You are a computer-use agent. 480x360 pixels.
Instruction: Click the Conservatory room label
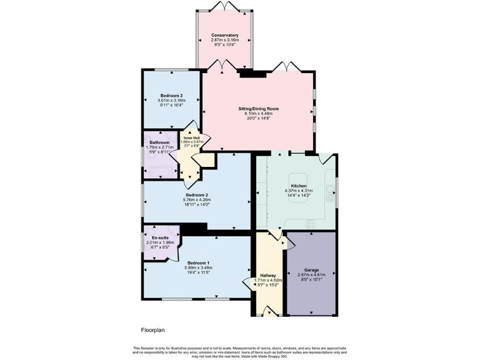(x=225, y=35)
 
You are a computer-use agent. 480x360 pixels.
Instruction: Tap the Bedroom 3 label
(x=171, y=95)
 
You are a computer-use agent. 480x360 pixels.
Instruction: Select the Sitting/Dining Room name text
(x=258, y=108)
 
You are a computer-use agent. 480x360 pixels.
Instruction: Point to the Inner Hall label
(x=192, y=137)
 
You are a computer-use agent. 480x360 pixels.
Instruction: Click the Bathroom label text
(x=159, y=142)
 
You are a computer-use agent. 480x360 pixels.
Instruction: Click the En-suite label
(x=157, y=237)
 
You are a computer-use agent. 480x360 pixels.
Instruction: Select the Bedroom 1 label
(x=198, y=262)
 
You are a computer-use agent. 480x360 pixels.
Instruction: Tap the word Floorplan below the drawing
(x=152, y=329)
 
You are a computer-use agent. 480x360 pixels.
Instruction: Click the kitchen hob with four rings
(x=309, y=223)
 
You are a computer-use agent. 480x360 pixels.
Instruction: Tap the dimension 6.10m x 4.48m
(x=258, y=113)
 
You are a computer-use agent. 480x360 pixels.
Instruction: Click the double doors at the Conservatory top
(x=225, y=6)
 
